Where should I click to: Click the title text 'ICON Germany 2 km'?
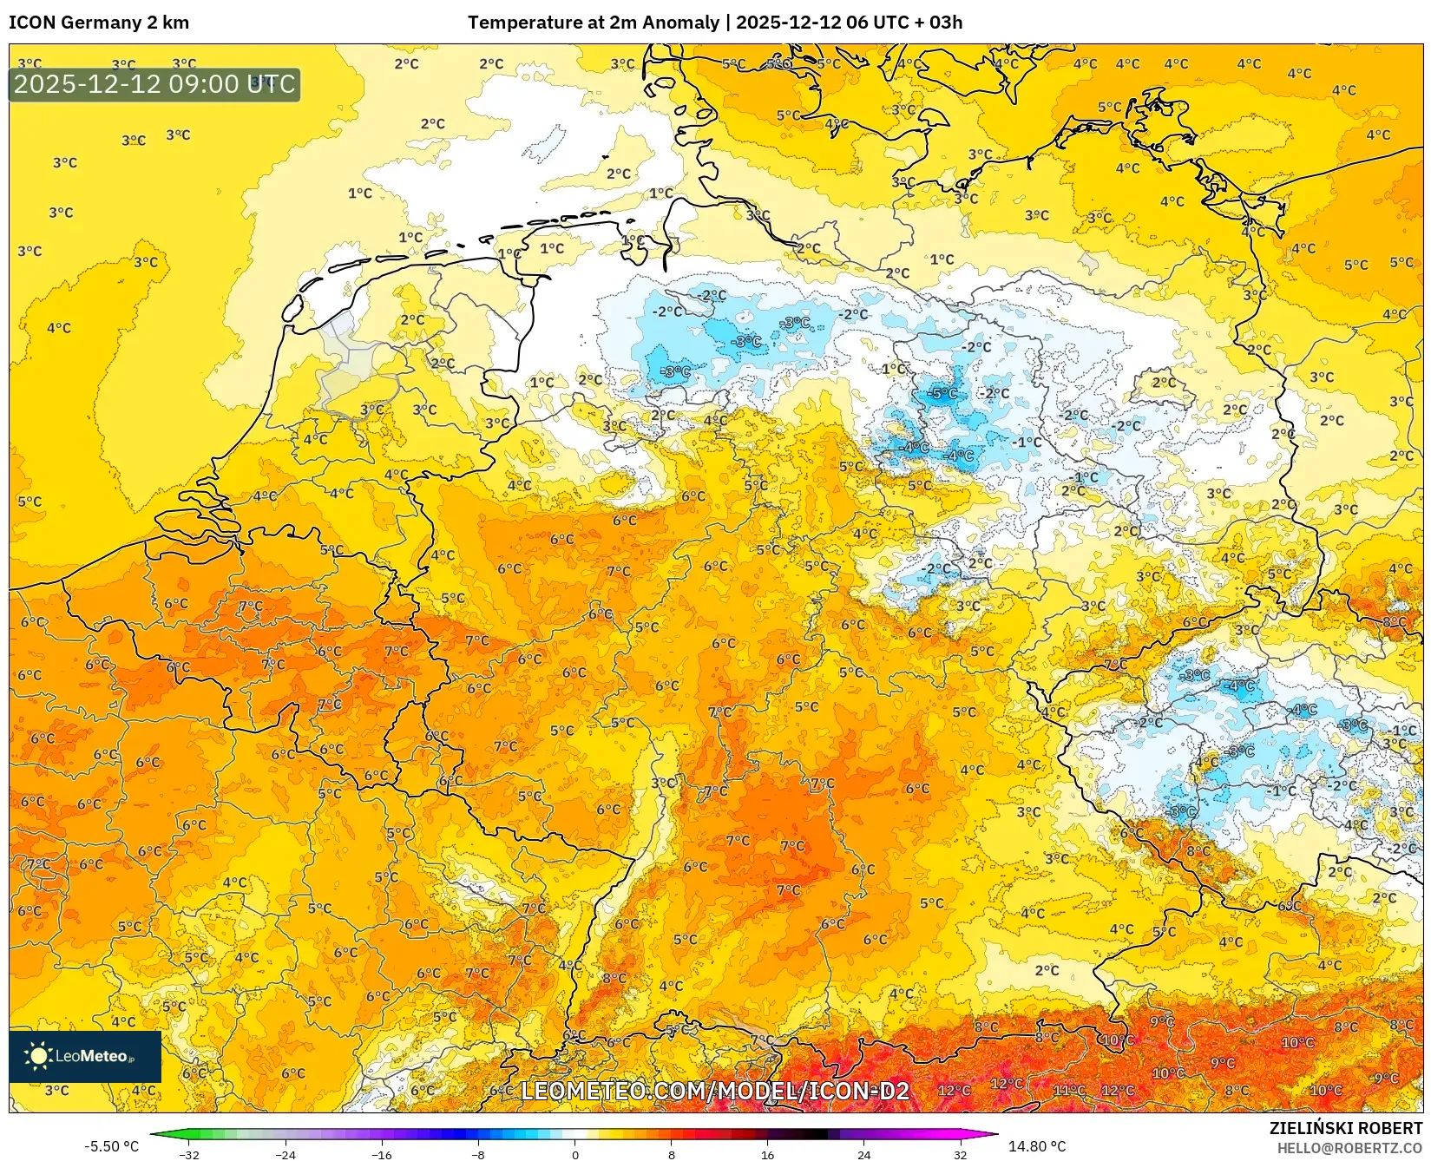[x=99, y=23]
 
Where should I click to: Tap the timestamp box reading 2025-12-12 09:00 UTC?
[x=154, y=84]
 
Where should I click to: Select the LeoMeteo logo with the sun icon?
[x=84, y=1056]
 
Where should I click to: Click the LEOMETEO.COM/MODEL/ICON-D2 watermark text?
[x=714, y=1091]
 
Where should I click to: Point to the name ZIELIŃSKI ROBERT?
[x=1345, y=1128]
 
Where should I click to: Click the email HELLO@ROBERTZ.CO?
[x=1349, y=1148]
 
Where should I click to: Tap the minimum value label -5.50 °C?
[x=111, y=1146]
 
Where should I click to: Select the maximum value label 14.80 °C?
[x=1037, y=1146]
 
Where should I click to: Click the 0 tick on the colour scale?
[x=574, y=1155]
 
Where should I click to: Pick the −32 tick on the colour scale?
[x=188, y=1155]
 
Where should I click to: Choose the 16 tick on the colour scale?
[x=767, y=1155]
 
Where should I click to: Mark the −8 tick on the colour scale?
[x=478, y=1155]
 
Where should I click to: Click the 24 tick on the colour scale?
[x=863, y=1155]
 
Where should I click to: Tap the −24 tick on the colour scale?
[x=285, y=1155]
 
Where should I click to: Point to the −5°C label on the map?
[x=942, y=393]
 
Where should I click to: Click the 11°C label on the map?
[x=1069, y=1090]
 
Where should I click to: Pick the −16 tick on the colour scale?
[x=382, y=1155]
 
